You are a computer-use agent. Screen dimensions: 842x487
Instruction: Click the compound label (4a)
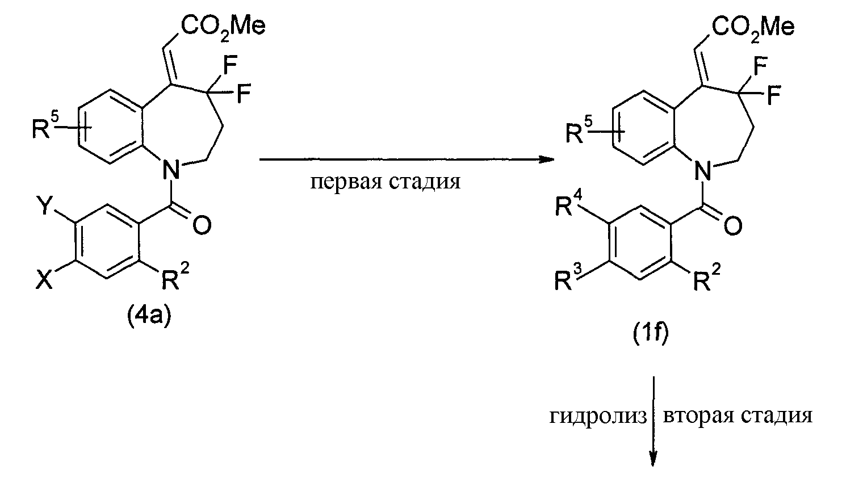[149, 317]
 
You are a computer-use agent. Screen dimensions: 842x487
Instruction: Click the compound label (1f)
[651, 333]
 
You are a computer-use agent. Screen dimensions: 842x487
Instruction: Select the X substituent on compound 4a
[44, 280]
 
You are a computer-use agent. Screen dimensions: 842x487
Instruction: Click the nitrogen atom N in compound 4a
[171, 170]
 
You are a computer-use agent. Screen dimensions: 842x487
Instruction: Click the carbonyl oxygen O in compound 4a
[202, 225]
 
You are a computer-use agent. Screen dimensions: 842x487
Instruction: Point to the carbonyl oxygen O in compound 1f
[732, 226]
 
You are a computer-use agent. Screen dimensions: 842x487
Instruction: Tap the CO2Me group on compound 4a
[223, 27]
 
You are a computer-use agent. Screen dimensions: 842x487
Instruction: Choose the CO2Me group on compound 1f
[753, 27]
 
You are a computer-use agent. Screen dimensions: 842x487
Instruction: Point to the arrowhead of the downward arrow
[654, 465]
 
